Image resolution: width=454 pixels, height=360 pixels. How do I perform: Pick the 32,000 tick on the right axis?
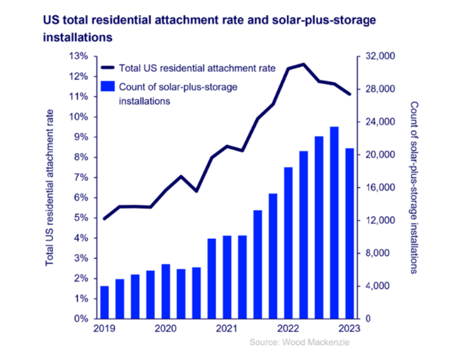378,56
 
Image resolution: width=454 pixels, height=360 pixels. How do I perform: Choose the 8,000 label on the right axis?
376,253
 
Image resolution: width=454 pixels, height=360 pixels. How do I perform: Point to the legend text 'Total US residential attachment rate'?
197,67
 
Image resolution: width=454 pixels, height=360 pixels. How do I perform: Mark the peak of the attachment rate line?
303,64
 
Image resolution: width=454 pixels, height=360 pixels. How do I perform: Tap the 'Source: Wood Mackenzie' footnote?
300,342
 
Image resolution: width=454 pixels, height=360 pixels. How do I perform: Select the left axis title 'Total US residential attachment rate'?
50,187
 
